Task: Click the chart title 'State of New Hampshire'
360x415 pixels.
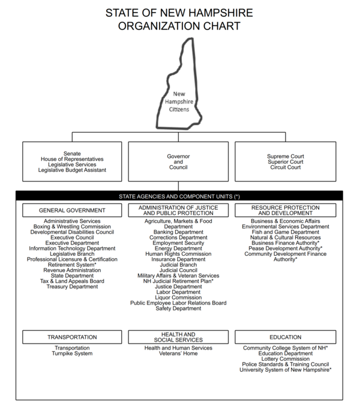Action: pos(179,13)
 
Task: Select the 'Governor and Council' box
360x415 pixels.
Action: pos(178,162)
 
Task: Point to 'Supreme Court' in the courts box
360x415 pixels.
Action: pos(286,156)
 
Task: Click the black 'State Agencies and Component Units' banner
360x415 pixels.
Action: pos(179,196)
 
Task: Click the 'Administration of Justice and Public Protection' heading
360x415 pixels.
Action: pos(178,210)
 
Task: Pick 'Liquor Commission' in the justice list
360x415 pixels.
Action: pos(178,297)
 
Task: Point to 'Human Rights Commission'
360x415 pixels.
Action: pos(178,253)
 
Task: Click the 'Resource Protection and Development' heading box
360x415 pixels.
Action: pos(285,210)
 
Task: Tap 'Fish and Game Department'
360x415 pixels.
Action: pos(285,232)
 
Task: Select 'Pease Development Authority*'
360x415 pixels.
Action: pos(285,248)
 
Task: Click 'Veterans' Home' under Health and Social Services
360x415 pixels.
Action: pos(178,353)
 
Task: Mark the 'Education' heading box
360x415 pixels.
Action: pos(285,337)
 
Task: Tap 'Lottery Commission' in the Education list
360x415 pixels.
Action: pos(285,359)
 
